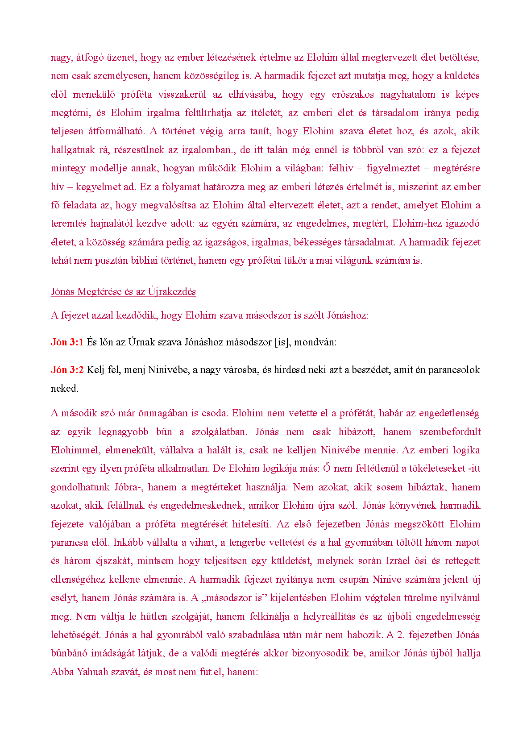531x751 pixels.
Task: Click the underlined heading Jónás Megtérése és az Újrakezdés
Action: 123,292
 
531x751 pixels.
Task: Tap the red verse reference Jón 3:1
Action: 67,342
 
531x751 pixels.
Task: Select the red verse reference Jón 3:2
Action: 67,370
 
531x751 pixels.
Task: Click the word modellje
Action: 115,168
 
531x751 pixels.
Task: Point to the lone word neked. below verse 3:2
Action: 65,389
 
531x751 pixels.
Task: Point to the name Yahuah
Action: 94,672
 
